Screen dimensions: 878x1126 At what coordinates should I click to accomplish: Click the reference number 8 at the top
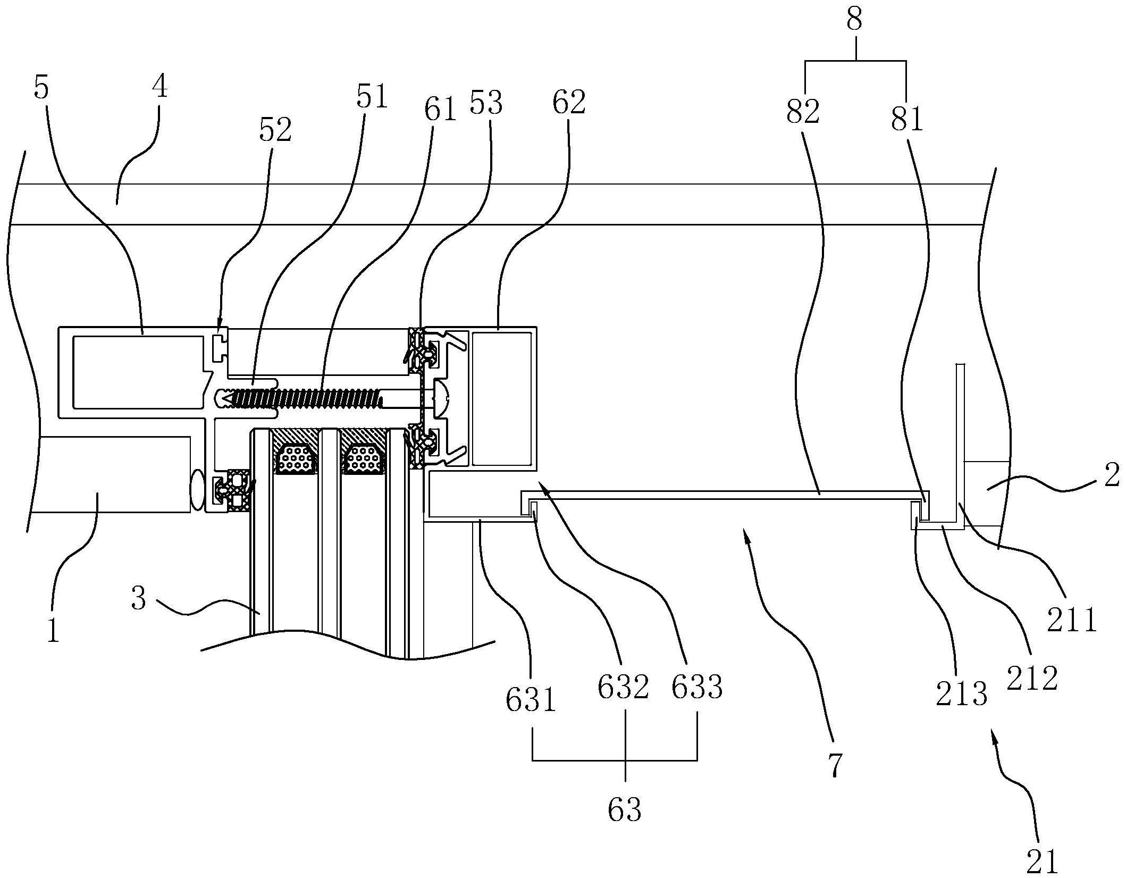tap(855, 20)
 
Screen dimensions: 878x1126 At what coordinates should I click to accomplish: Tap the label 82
tap(803, 113)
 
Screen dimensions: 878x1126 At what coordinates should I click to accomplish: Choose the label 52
tap(275, 130)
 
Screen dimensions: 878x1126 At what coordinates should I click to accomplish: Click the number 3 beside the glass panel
tap(138, 599)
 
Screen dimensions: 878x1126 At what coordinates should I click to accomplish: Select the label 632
tap(624, 688)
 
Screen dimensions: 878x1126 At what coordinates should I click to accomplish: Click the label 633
tap(697, 688)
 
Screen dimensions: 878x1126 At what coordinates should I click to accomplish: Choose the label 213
tap(961, 695)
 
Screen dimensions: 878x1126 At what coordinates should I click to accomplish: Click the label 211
tap(1072, 620)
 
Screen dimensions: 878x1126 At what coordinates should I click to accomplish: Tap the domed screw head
tap(442, 397)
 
